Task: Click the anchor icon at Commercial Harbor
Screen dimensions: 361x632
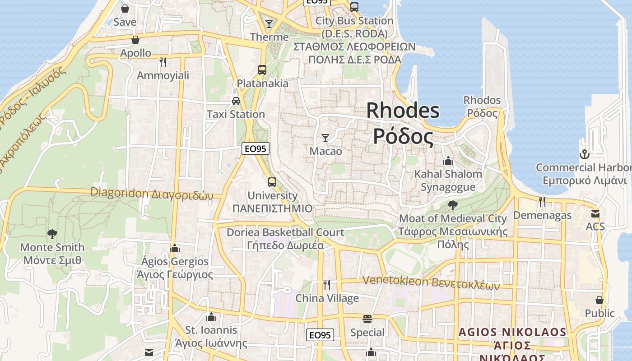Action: [584, 154]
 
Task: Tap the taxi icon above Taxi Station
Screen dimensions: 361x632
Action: [236, 101]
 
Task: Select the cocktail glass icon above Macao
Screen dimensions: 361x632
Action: [325, 138]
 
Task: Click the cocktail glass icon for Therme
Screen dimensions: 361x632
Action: [269, 23]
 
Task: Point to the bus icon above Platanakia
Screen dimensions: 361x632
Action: [262, 69]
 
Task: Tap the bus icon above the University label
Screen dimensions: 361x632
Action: [272, 182]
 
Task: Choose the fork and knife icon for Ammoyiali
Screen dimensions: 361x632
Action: [163, 62]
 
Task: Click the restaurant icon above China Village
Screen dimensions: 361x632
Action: [327, 284]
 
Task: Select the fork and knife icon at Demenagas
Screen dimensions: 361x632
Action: [542, 201]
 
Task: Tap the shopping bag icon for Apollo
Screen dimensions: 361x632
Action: [135, 40]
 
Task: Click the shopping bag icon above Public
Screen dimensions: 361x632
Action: [599, 300]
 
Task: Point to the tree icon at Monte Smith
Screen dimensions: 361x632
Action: [52, 234]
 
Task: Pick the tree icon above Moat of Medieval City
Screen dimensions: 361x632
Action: [452, 205]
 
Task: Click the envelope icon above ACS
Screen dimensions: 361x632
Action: [595, 213]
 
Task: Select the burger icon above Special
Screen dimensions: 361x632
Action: [367, 319]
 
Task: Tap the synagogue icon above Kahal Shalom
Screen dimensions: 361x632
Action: [448, 161]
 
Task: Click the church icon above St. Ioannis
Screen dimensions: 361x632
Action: [211, 317]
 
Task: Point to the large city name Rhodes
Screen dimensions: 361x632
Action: [403, 111]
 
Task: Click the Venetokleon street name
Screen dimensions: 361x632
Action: [395, 281]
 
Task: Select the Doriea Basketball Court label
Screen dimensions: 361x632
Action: [285, 232]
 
